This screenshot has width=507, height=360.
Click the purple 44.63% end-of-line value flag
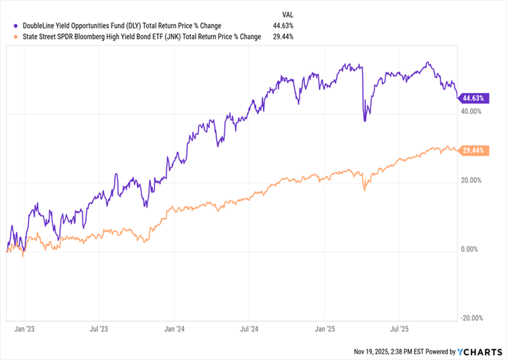(475, 98)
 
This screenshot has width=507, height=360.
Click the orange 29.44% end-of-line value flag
(475, 151)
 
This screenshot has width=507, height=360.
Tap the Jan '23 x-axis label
(24, 329)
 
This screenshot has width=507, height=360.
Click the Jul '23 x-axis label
(99, 329)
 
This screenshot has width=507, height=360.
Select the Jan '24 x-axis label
(174, 329)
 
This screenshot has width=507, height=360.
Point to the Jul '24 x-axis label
(249, 329)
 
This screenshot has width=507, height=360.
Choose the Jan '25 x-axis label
(324, 329)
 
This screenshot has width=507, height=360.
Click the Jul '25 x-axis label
(399, 329)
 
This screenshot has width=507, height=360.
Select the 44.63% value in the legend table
(282, 26)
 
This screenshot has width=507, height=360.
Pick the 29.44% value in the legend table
(282, 37)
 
